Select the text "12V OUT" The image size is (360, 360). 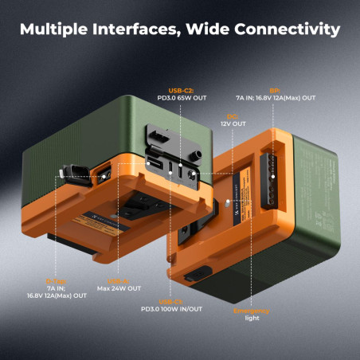tap(233, 124)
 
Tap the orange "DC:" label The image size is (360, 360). tap(233, 116)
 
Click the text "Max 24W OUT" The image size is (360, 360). tap(119, 288)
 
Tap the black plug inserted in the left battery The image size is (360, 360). tap(68, 170)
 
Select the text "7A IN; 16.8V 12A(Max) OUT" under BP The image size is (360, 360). tap(275, 99)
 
